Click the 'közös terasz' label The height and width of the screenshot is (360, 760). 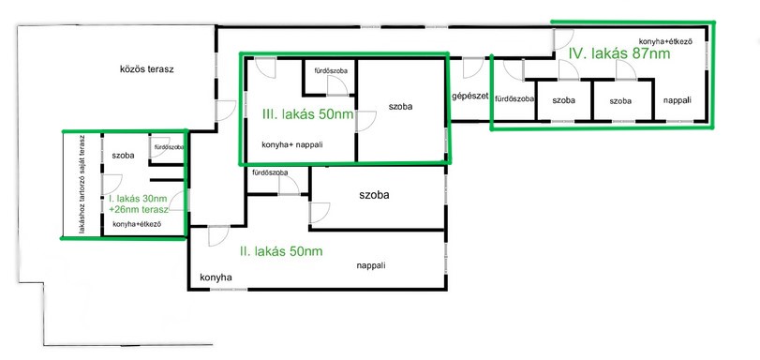(x=146, y=69)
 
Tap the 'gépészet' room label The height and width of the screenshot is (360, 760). (x=469, y=96)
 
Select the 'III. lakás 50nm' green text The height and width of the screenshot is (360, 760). (x=307, y=114)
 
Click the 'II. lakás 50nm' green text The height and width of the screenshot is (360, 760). (x=281, y=251)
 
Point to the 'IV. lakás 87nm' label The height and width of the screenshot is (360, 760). (x=619, y=53)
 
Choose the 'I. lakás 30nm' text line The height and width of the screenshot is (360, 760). (x=137, y=199)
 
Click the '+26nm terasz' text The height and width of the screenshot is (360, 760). (x=139, y=209)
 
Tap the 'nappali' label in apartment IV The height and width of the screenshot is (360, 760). (x=677, y=101)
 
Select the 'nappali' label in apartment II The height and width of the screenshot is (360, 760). (x=371, y=265)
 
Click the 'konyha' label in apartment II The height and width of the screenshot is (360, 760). (x=216, y=277)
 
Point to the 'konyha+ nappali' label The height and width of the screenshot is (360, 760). (x=292, y=144)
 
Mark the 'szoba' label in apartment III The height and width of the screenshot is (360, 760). (x=400, y=107)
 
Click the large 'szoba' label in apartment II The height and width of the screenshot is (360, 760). (x=374, y=196)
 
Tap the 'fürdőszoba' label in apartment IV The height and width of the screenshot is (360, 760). (x=514, y=98)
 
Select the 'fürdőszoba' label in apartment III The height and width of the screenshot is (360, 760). (x=331, y=71)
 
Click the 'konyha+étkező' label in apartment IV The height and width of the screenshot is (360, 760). (x=665, y=41)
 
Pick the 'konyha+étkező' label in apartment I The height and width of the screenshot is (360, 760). (x=137, y=224)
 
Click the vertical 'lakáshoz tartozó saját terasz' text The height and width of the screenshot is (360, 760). (x=82, y=185)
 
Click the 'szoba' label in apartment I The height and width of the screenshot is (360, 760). (x=123, y=156)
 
